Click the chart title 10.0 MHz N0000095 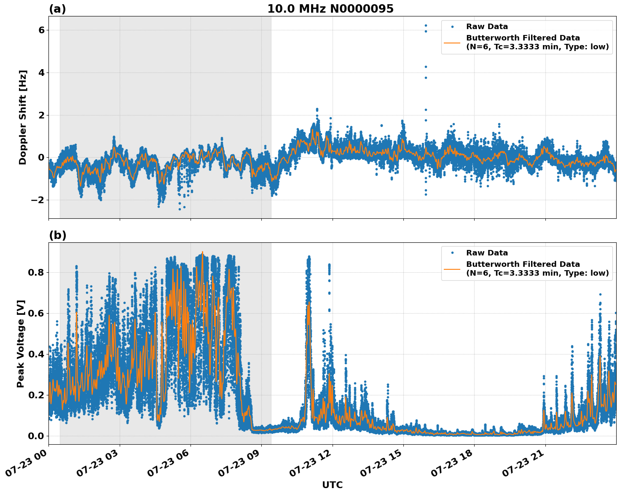point(330,9)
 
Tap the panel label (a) point(57,9)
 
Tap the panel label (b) point(57,235)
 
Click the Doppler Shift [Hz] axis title point(23,117)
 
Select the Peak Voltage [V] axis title point(21,344)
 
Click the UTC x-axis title point(332,485)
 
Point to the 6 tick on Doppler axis point(41,30)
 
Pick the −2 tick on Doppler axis point(38,200)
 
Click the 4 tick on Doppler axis point(41,73)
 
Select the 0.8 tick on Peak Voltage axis point(36,272)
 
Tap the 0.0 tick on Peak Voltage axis point(36,436)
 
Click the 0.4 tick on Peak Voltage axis point(36,354)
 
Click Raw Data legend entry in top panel point(487,27)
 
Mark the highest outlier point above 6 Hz point(426,26)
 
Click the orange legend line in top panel point(452,43)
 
